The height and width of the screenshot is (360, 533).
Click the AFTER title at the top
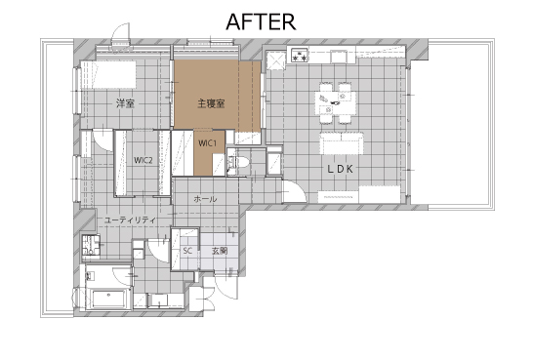point(261,21)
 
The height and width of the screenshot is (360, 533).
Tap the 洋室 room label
point(125,103)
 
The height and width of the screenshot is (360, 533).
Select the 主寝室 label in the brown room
point(211,103)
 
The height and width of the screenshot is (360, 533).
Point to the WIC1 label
point(207,143)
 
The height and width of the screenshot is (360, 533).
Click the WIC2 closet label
point(143,160)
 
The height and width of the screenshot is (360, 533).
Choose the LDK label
point(341,169)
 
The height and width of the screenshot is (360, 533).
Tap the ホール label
point(205,199)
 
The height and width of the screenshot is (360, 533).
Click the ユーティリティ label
point(130,220)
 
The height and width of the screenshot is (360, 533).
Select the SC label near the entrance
point(187,251)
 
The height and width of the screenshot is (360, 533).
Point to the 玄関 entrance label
point(220,251)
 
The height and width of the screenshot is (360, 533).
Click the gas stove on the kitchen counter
point(299,56)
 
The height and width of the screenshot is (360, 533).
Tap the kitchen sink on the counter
point(339,57)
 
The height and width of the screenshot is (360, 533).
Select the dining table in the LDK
point(337,102)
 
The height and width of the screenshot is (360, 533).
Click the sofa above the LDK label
point(342,143)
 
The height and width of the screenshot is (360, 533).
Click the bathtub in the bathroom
point(108,299)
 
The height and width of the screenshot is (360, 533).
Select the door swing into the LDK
point(295,191)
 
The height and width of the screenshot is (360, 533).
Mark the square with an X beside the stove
point(275,60)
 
